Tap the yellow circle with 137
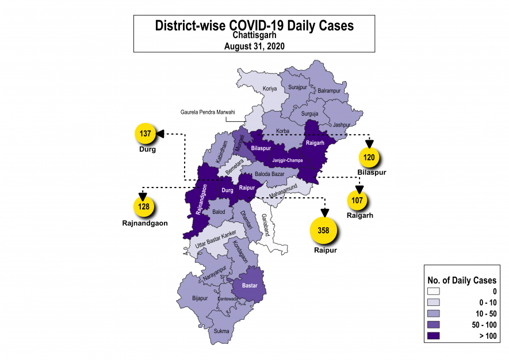click(146, 133)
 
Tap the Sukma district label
click(221, 331)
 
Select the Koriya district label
click(270, 89)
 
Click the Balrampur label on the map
click(330, 91)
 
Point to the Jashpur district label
click(341, 125)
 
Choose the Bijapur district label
click(200, 298)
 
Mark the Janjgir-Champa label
click(287, 160)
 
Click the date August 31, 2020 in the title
click(254, 45)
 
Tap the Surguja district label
click(310, 114)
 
